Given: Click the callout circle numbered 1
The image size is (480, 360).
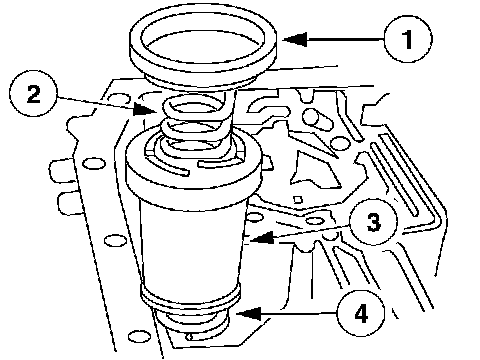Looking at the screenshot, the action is (408, 39).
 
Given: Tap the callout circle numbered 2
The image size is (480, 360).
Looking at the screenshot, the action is (34, 93).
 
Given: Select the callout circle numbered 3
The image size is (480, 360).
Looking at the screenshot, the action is (373, 222).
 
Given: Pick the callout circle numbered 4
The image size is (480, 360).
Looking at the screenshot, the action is (361, 314).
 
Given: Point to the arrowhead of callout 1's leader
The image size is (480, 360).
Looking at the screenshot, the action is (295, 39).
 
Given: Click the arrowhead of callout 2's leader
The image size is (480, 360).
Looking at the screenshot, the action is (145, 109).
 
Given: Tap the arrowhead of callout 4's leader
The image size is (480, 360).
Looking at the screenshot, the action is (248, 314).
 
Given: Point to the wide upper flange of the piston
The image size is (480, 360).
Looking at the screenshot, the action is (193, 173).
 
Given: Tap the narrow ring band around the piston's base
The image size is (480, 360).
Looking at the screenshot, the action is (191, 298).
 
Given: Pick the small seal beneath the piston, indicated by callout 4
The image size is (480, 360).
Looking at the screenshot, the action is (195, 322).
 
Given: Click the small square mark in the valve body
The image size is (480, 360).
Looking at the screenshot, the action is (297, 199).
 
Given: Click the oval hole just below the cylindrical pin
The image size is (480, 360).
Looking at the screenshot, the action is (340, 143).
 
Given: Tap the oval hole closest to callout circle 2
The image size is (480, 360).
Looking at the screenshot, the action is (119, 98).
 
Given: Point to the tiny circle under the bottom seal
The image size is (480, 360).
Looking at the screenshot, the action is (190, 337).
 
